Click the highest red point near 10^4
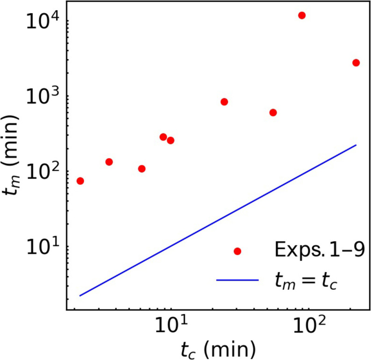[x=302, y=15]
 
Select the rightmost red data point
[x=356, y=63]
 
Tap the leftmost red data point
[x=80, y=181]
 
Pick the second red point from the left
[x=109, y=162]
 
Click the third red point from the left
[x=142, y=169]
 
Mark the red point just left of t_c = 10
[x=163, y=137]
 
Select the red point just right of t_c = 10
[x=171, y=140]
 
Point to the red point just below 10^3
[x=224, y=102]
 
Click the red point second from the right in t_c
[x=302, y=15]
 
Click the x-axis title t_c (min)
[x=218, y=349]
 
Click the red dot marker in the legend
[x=237, y=252]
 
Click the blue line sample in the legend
[x=237, y=280]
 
